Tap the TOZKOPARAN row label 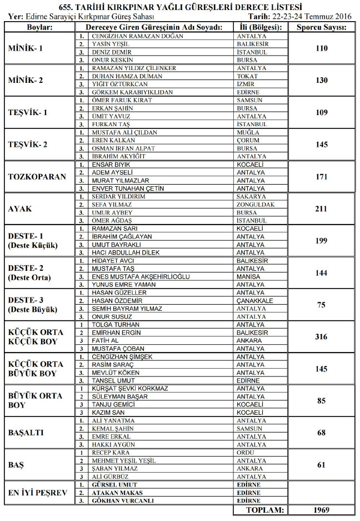pyautogui.click(x=37, y=177)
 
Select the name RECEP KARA pyautogui.click(x=111, y=453)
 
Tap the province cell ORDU pyautogui.click(x=245, y=453)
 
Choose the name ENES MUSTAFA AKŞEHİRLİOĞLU pyautogui.click(x=141, y=276)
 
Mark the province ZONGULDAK pyautogui.click(x=255, y=205)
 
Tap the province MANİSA pyautogui.click(x=248, y=276)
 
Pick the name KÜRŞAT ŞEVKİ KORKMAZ pyautogui.click(x=129, y=389)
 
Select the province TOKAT pyautogui.click(x=247, y=76)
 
